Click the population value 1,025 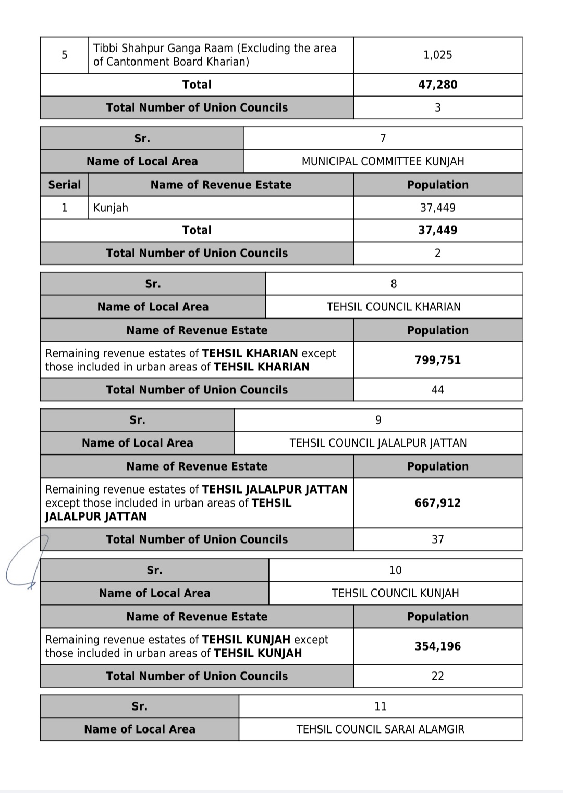437,55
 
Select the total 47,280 437,85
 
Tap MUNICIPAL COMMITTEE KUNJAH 383,161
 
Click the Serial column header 65,185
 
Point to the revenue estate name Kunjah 111,208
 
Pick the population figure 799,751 437,360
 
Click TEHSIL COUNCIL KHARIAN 394,307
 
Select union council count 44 437,390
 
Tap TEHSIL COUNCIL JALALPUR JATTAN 378,443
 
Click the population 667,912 437,503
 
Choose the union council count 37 437,539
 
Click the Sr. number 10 395,570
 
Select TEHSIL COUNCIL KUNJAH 395,593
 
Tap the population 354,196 437,646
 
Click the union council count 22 437,676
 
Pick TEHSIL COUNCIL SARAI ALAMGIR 380,729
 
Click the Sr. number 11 380,706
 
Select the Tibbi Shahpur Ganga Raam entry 215,55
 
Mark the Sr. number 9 378,420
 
